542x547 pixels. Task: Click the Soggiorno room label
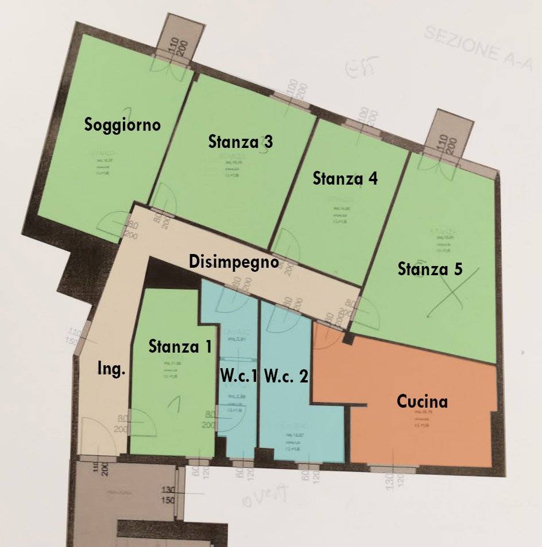[x=122, y=125]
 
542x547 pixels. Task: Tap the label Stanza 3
[x=241, y=141]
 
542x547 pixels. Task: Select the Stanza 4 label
[x=344, y=178]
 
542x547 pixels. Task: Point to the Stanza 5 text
[x=430, y=269]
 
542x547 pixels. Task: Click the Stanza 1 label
[x=180, y=346]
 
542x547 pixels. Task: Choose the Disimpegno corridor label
[x=234, y=262]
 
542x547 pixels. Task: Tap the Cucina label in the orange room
[x=422, y=401]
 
